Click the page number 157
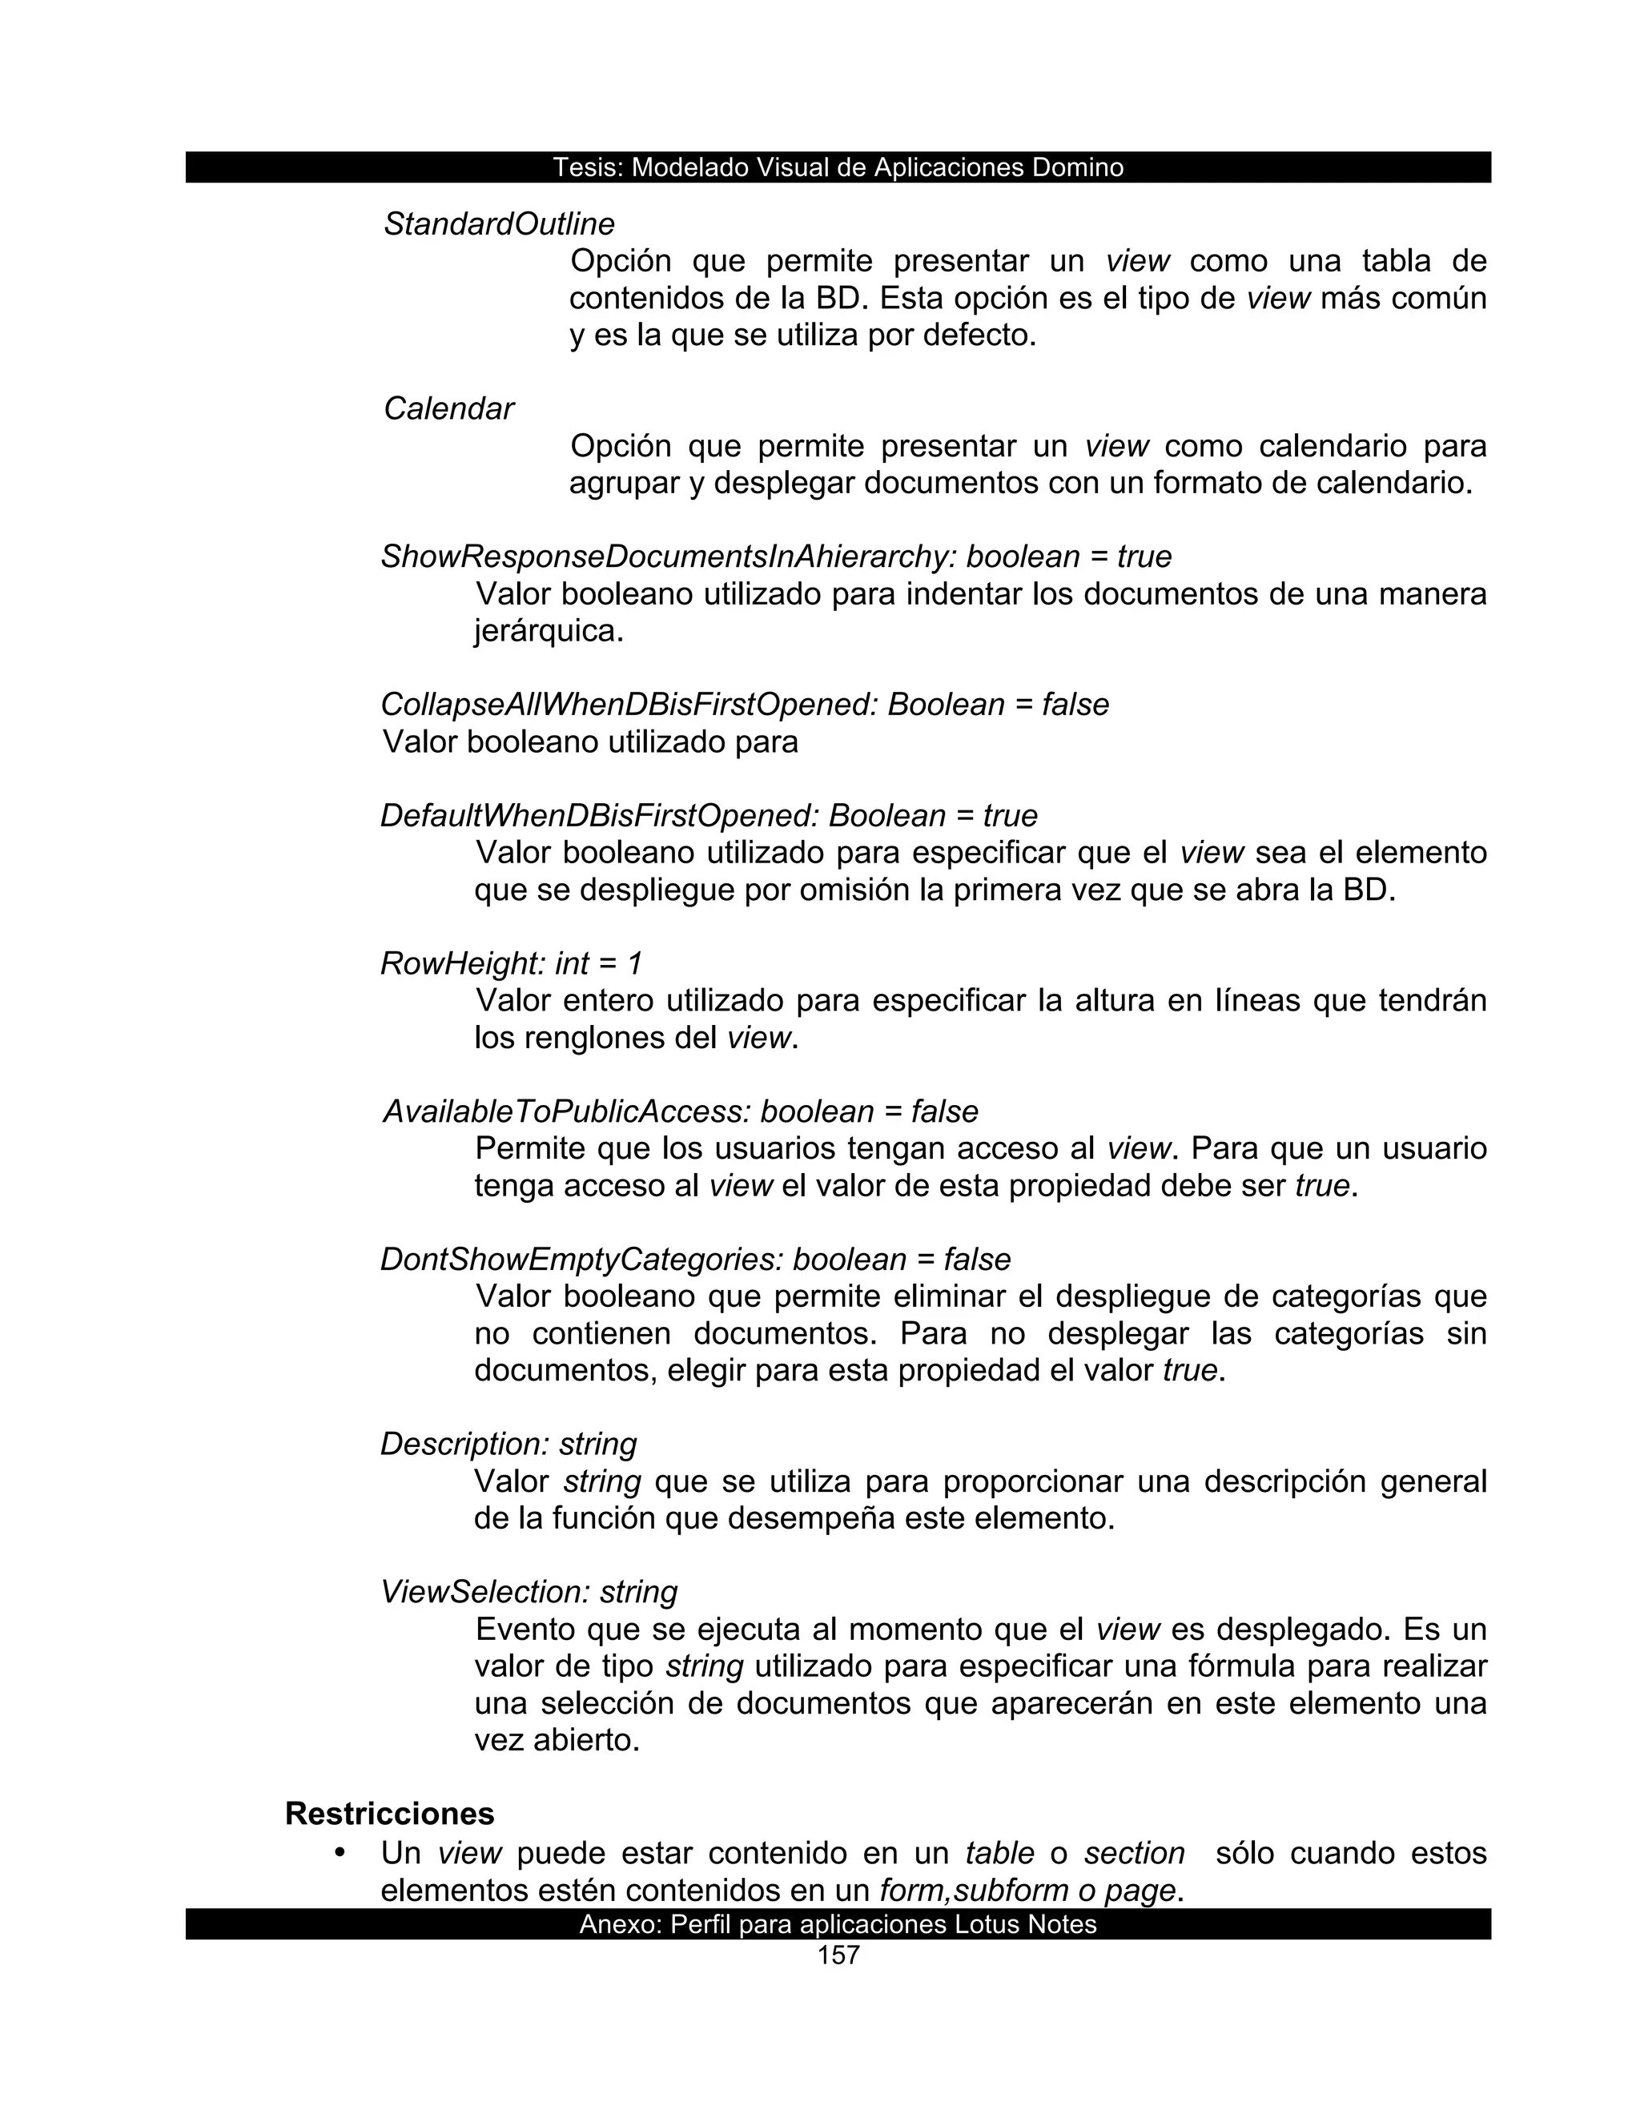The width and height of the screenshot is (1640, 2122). click(x=838, y=1956)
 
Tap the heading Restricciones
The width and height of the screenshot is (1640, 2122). click(x=390, y=1814)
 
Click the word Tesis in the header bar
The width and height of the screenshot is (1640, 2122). click(x=587, y=168)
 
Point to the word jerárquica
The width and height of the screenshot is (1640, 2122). click(x=548, y=633)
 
